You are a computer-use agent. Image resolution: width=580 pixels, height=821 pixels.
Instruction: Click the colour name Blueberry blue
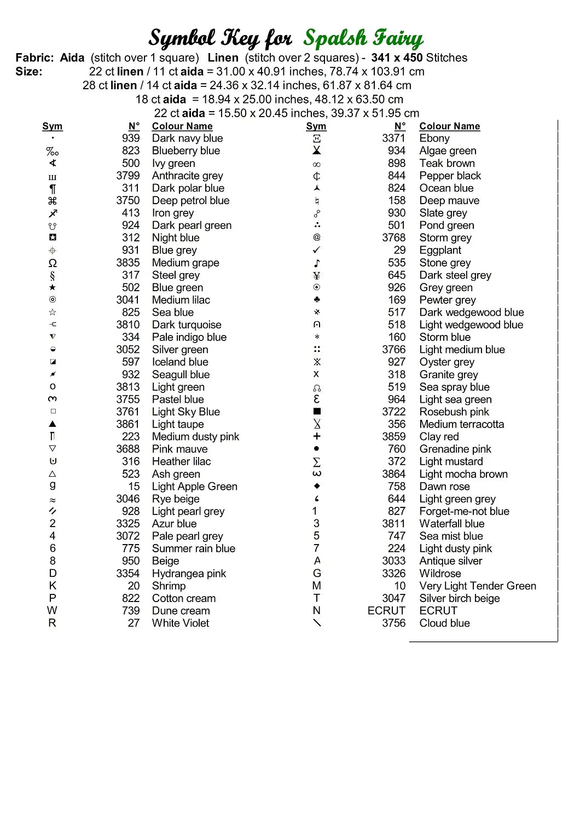pyautogui.click(x=185, y=151)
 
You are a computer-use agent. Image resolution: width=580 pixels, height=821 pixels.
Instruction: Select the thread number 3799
pyautogui.click(x=127, y=176)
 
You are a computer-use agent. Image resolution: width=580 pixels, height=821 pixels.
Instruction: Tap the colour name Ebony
pyautogui.click(x=434, y=138)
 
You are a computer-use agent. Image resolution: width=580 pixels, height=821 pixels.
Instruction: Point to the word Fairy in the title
pyautogui.click(x=397, y=38)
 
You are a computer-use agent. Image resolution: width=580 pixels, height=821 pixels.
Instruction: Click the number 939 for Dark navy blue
pyautogui.click(x=131, y=138)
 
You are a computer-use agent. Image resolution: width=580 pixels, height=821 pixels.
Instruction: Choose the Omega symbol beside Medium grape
pyautogui.click(x=53, y=263)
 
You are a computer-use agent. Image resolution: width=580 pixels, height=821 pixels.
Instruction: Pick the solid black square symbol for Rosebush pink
pyautogui.click(x=317, y=411)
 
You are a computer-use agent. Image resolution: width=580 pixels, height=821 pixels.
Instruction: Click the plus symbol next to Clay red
pyautogui.click(x=317, y=436)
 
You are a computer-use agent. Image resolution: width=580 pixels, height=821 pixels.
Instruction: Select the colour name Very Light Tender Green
pyautogui.click(x=478, y=586)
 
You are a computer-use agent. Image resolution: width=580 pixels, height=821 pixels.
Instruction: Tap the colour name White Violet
pyautogui.click(x=181, y=623)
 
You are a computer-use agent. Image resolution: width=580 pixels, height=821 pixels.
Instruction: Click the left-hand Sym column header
pyautogui.click(x=53, y=126)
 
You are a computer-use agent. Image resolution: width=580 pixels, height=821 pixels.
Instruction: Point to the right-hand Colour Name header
pyautogui.click(x=450, y=126)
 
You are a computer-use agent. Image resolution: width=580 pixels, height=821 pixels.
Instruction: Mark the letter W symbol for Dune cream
pyautogui.click(x=53, y=610)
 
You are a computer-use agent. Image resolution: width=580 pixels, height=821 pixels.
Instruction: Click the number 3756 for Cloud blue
pyautogui.click(x=394, y=623)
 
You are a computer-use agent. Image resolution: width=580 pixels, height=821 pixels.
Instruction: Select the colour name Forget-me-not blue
pyautogui.click(x=464, y=511)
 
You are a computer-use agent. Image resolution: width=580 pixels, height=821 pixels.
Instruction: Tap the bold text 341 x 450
pyautogui.click(x=397, y=57)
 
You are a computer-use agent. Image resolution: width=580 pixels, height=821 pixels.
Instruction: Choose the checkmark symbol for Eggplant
pyautogui.click(x=317, y=250)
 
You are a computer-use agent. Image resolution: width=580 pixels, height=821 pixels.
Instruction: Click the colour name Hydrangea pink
pyautogui.click(x=189, y=573)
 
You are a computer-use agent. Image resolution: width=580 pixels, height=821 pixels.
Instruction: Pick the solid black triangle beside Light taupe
pyautogui.click(x=53, y=424)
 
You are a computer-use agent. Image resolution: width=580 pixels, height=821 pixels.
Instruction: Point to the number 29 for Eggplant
pyautogui.click(x=400, y=250)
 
